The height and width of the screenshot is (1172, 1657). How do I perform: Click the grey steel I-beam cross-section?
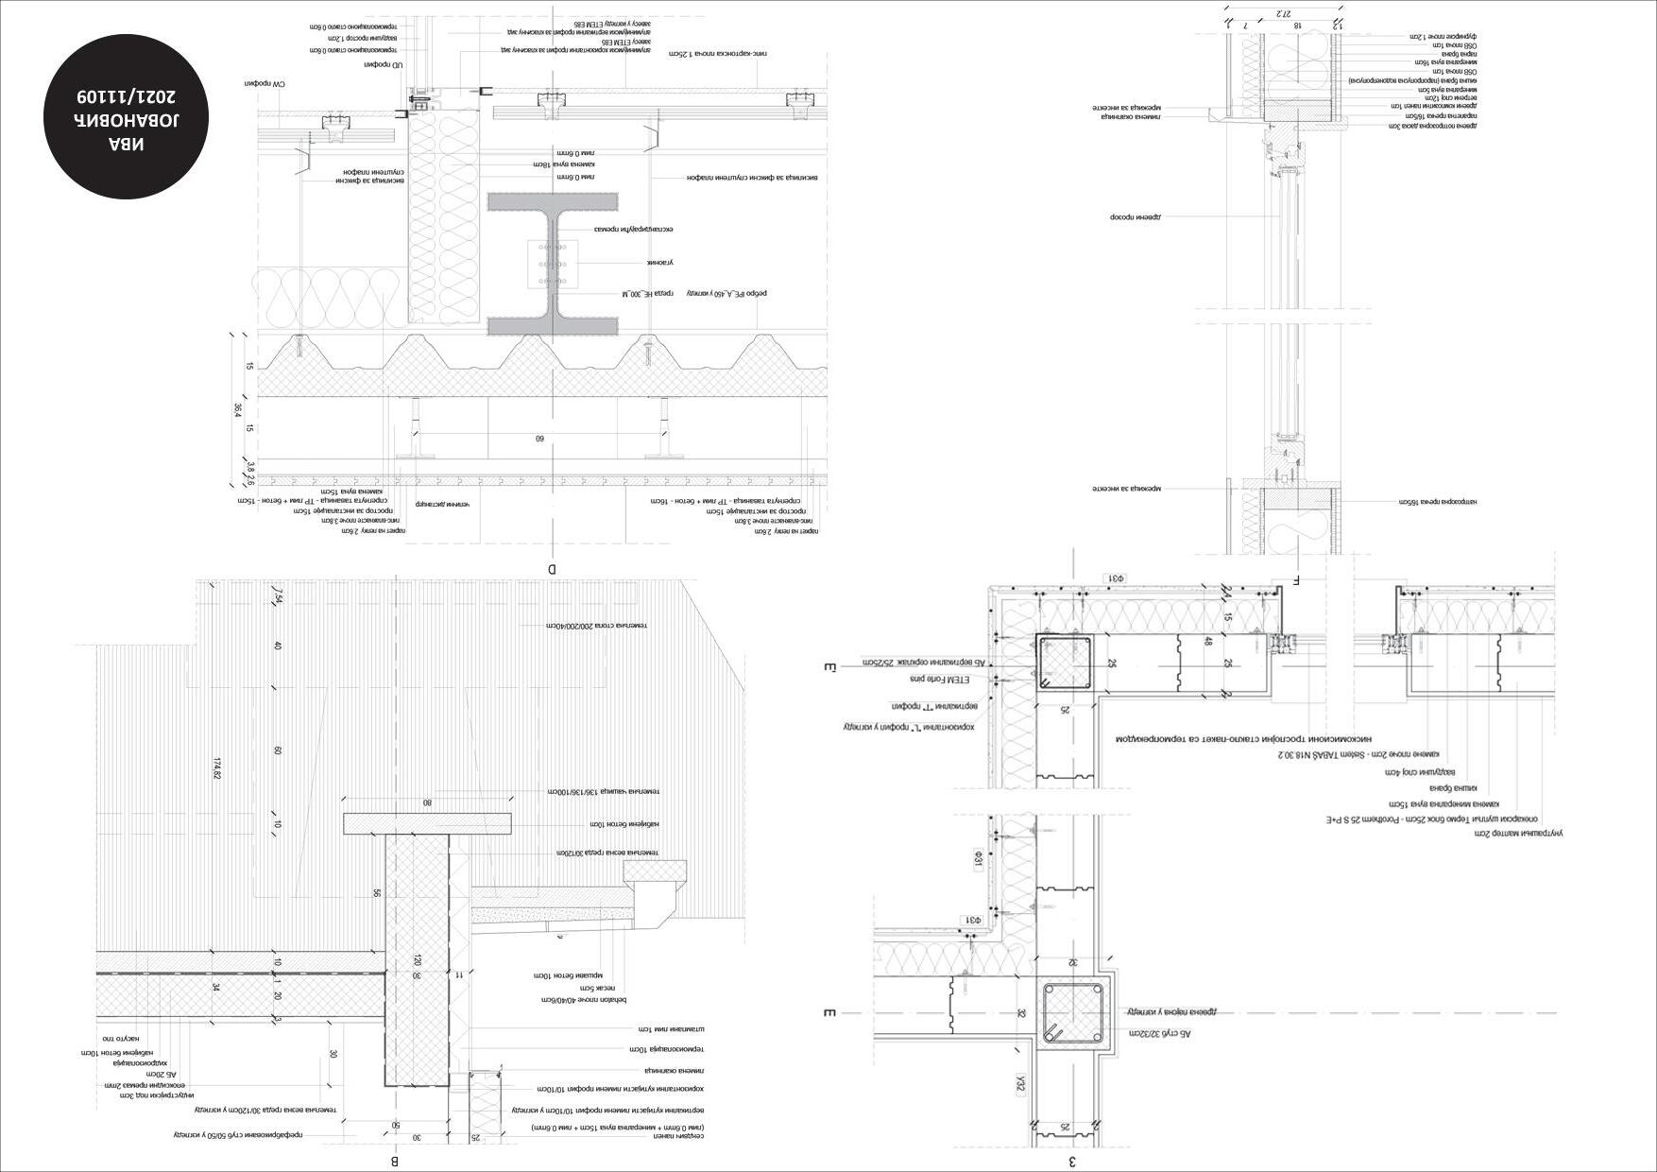[553, 264]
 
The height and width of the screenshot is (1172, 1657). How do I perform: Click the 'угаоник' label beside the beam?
[658, 262]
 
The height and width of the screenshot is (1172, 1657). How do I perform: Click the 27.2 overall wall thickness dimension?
[1281, 13]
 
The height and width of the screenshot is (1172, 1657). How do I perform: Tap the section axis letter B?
[395, 1162]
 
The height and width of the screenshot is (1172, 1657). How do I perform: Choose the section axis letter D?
[553, 569]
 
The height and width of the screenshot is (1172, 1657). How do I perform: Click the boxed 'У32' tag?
[1021, 1083]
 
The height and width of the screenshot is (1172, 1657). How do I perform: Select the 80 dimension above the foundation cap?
[427, 803]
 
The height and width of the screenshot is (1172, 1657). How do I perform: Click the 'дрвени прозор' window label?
[1135, 216]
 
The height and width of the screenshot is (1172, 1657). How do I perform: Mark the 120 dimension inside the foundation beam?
[416, 959]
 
